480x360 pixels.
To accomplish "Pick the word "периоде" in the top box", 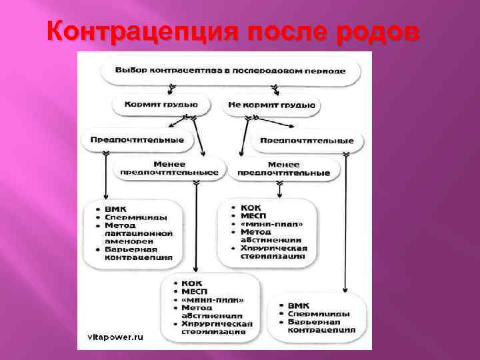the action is pos(322,70).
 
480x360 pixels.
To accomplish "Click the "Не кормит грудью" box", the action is pos(273,105).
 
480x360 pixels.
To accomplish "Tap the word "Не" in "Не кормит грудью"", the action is pos(235,105).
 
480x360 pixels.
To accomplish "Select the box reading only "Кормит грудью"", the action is pos(161,105).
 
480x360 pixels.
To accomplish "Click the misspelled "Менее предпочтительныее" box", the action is pos(169,168).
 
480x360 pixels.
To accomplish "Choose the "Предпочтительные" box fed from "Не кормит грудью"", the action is pos(307,141).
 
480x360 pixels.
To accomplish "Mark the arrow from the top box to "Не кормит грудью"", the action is pos(274,89).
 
